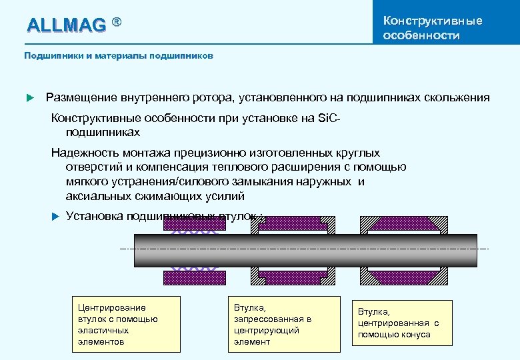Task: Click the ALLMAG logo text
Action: click(x=65, y=25)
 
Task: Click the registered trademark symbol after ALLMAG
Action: click(x=117, y=23)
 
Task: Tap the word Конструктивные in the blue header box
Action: click(x=433, y=21)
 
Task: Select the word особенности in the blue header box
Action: click(x=421, y=35)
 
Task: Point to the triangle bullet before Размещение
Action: click(x=29, y=98)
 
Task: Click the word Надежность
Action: click(x=85, y=153)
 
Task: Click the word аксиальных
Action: click(x=97, y=196)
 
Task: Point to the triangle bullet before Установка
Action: click(x=57, y=216)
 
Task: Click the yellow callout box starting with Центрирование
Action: click(x=128, y=324)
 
